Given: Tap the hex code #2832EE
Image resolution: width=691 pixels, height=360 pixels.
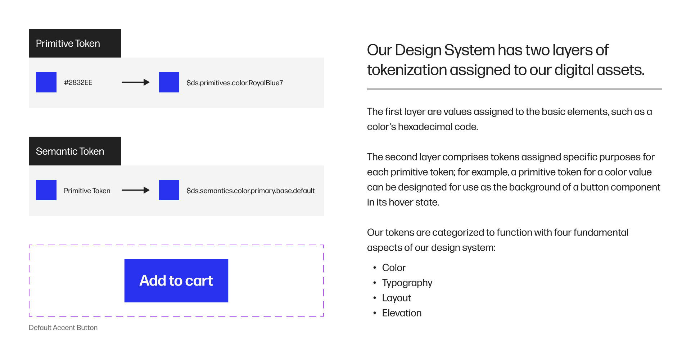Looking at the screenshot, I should pos(78,82).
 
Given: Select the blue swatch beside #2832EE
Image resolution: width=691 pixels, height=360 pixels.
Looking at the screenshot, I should pos(46,82).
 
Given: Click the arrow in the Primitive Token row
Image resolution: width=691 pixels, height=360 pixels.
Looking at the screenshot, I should pos(135,82).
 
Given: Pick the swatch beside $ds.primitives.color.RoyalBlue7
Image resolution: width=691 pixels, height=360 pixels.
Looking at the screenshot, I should pos(169,82).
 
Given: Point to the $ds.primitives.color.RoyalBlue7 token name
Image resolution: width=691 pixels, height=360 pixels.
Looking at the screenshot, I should pos(235,83).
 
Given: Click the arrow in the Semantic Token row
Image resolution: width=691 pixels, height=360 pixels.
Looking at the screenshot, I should pos(135,190).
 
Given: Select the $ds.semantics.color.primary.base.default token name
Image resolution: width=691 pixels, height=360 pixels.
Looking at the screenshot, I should pos(250,191).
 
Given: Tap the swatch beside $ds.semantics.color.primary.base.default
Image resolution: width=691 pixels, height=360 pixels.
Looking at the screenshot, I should pos(169,190).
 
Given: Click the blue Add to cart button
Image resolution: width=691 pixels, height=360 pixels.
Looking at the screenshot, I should pos(176,281).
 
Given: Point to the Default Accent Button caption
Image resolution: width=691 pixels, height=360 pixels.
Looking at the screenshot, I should pos(63,328).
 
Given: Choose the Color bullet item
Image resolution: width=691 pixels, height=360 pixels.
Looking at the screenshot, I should pos(394,268).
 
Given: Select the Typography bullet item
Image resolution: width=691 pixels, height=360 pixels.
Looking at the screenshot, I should pos(407,283).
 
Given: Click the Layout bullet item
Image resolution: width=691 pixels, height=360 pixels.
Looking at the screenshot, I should pos(396,298).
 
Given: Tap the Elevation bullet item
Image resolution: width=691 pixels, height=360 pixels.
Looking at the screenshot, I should pos(402,313).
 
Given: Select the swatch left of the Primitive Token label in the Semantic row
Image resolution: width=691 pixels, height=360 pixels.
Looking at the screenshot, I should pos(46,190).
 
